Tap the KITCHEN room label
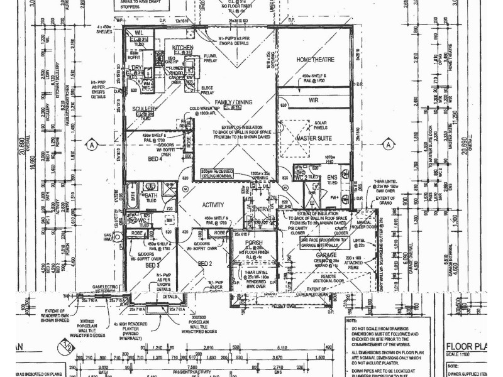tap(182, 48)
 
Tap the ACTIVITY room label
tap(213, 205)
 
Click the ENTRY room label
tap(259, 209)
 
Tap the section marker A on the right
tap(394, 145)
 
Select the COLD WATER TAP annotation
tap(207, 110)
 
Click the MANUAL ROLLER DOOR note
tap(363, 224)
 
